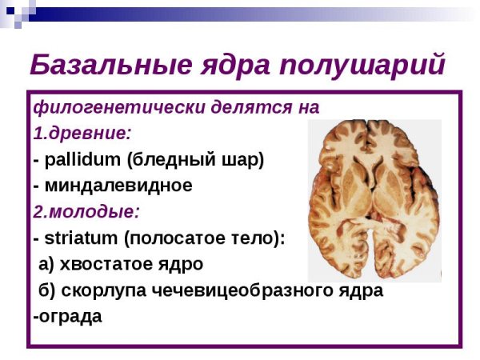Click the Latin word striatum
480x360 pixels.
tap(76, 238)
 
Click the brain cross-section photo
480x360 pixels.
tap(374, 199)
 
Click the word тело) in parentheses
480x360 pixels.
tap(263, 238)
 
